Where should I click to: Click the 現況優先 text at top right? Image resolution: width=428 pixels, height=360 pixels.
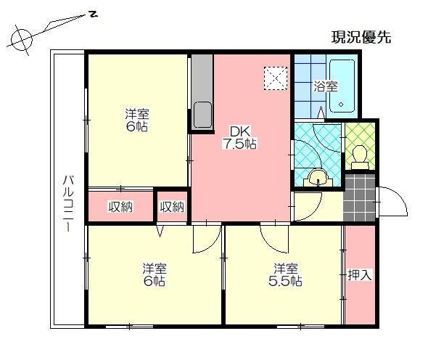point(361,38)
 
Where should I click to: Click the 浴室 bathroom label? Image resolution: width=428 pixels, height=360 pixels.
point(326,86)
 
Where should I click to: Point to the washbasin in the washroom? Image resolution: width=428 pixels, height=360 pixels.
point(316,177)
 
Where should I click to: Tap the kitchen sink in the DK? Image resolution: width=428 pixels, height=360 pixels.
point(202,115)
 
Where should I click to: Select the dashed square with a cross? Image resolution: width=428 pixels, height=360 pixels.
point(276,77)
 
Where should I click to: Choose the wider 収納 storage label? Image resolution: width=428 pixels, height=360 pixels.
point(120,207)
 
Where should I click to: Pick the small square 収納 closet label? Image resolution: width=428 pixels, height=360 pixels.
point(172,207)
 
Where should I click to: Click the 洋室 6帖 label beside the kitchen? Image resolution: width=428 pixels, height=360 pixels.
point(136,120)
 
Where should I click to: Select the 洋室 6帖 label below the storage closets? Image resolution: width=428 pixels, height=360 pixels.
point(154,274)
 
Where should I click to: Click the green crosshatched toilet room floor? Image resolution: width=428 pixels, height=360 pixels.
point(358,135)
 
